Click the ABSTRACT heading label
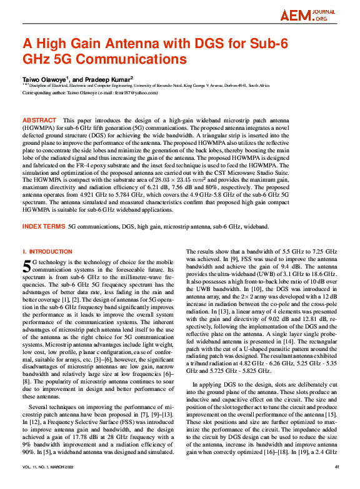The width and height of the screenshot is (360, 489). tap(40, 119)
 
